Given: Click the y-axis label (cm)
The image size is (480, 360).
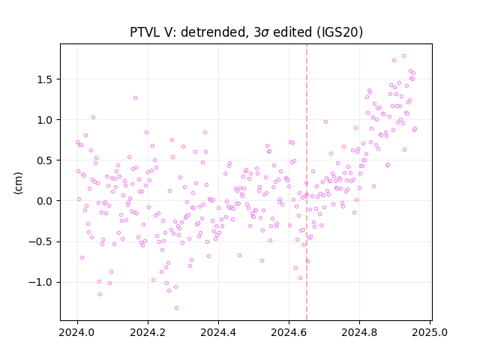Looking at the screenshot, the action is coord(18,183).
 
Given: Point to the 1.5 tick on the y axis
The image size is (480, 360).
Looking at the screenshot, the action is coord(45,79).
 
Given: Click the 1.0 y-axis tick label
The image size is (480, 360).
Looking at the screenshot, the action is coord(45,120).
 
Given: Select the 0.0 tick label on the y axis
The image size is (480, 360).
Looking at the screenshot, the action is coord(45,201).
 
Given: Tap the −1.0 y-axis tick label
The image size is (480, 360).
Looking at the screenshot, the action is coord(40,282).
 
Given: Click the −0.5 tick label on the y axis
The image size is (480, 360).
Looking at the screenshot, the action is coord(40,241).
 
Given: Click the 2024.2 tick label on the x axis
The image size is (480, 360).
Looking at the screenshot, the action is coord(148,332).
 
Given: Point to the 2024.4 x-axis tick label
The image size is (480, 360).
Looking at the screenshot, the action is coord(218,332).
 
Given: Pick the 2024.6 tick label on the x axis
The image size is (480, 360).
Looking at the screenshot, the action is coord(289,332).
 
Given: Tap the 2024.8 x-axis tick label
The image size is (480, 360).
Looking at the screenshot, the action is coord(359,332).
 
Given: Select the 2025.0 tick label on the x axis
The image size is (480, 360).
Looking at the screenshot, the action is coord(430,332).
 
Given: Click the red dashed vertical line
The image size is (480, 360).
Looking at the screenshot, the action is coord(307,182).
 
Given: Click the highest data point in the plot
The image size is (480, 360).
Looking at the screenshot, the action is coord(403,56).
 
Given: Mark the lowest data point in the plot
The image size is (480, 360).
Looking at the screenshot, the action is coord(176,308).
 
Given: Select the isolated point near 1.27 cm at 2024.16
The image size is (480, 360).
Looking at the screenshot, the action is coord(135,98).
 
